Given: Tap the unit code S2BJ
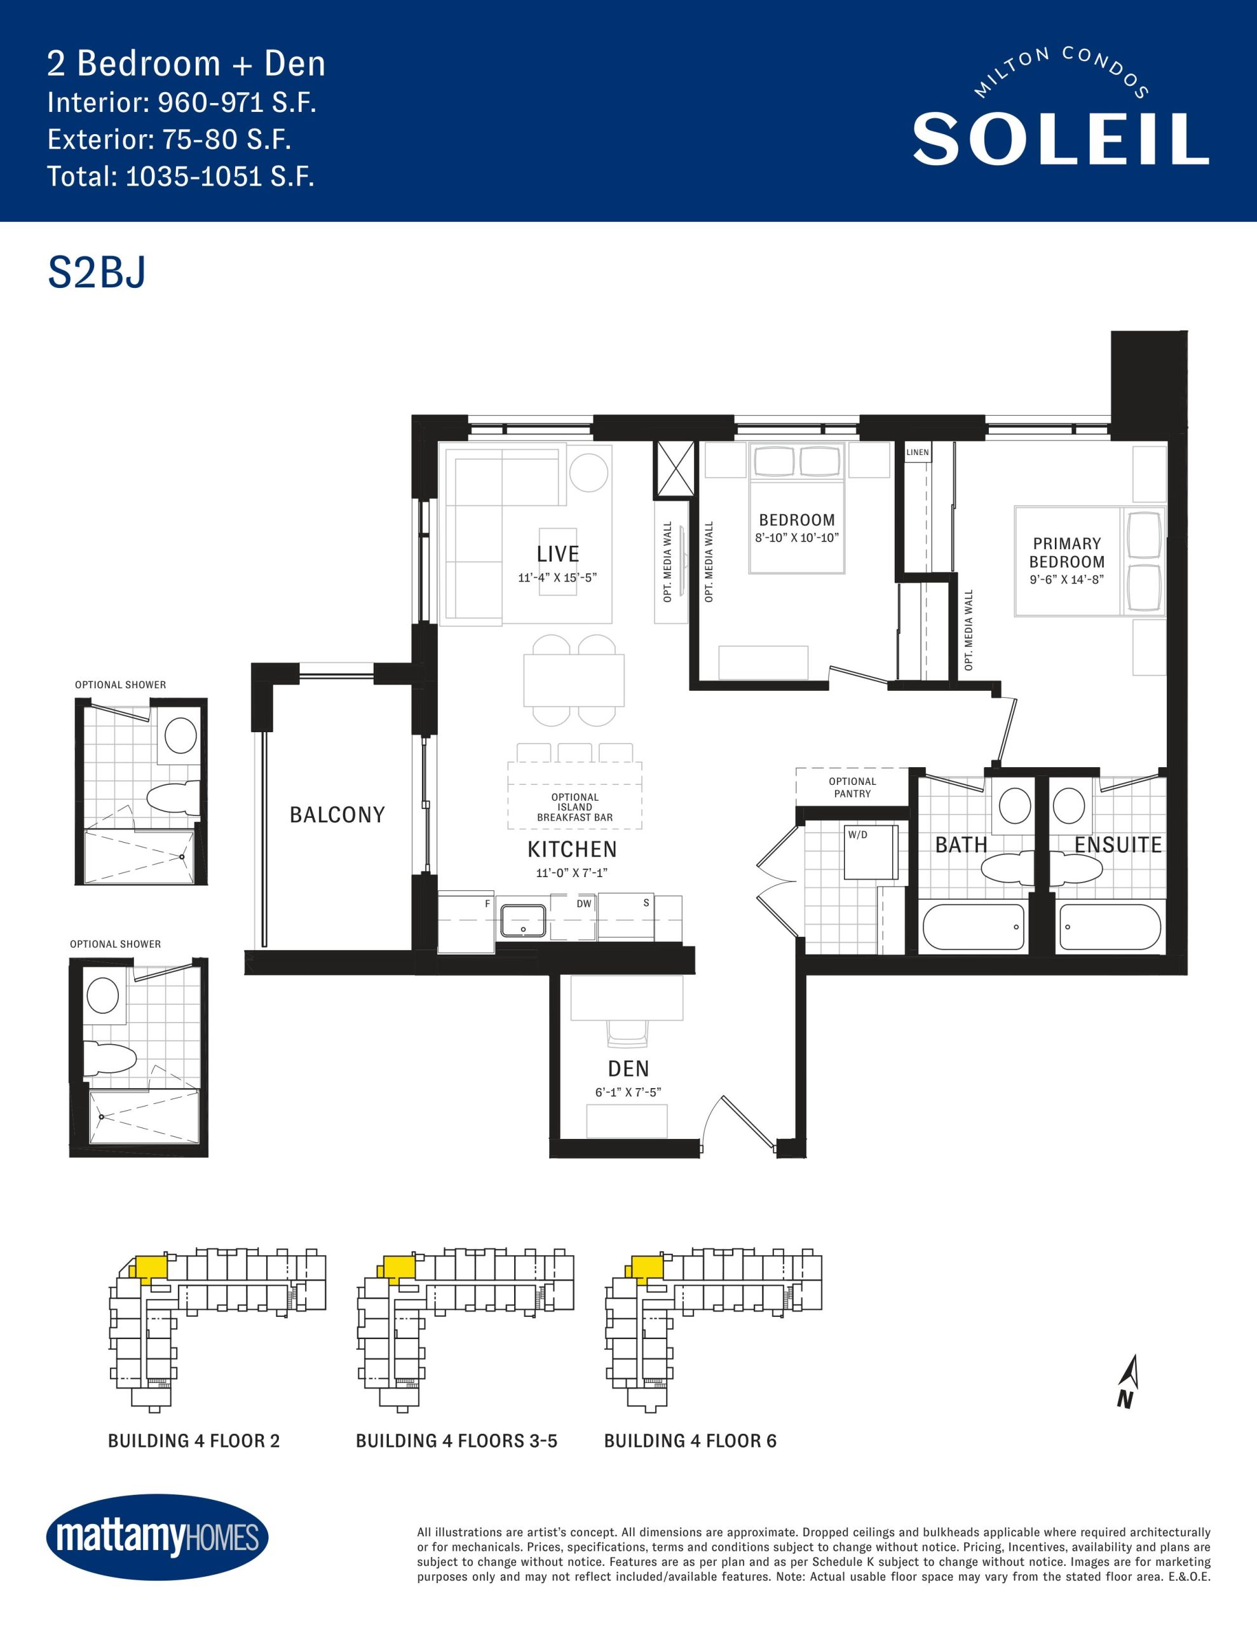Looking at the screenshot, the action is pos(97,273).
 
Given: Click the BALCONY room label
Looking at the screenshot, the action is pos(337,815).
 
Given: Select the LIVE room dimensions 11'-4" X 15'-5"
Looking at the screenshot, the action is pos(557,577).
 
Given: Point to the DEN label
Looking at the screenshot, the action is pos(628,1069).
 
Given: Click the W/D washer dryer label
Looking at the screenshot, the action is pos(858,835).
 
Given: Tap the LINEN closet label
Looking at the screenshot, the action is pos(917,453).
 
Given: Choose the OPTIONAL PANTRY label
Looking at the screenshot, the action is pos(852,787).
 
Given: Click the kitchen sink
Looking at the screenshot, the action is pos(523,921).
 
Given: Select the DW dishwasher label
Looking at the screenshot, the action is pos(584,904).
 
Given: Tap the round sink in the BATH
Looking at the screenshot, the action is pos(1014,806).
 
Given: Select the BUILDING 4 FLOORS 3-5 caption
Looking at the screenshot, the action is pos(457,1441).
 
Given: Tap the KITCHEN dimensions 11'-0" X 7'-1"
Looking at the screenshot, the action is pos(571,873).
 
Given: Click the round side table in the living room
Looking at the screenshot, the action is pos(588,472).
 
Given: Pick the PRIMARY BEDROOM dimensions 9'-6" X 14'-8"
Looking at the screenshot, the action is pos(1067,580).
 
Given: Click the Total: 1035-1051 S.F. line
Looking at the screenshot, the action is pos(181,177).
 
